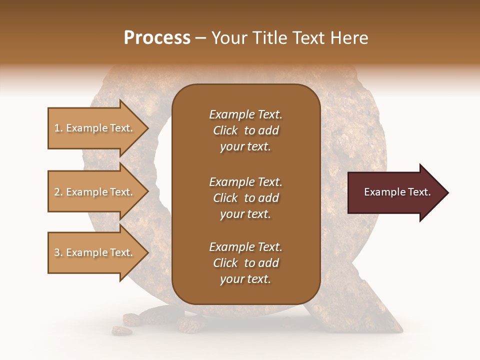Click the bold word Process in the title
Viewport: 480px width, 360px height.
point(157,38)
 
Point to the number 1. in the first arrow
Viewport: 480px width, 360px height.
point(58,128)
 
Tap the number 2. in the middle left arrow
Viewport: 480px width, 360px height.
point(58,192)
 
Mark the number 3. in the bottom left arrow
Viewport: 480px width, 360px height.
point(58,252)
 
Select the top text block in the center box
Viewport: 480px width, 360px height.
point(245,130)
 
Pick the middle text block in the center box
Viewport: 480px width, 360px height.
point(245,198)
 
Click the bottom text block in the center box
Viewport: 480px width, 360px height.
point(245,263)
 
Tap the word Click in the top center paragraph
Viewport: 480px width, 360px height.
point(225,131)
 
